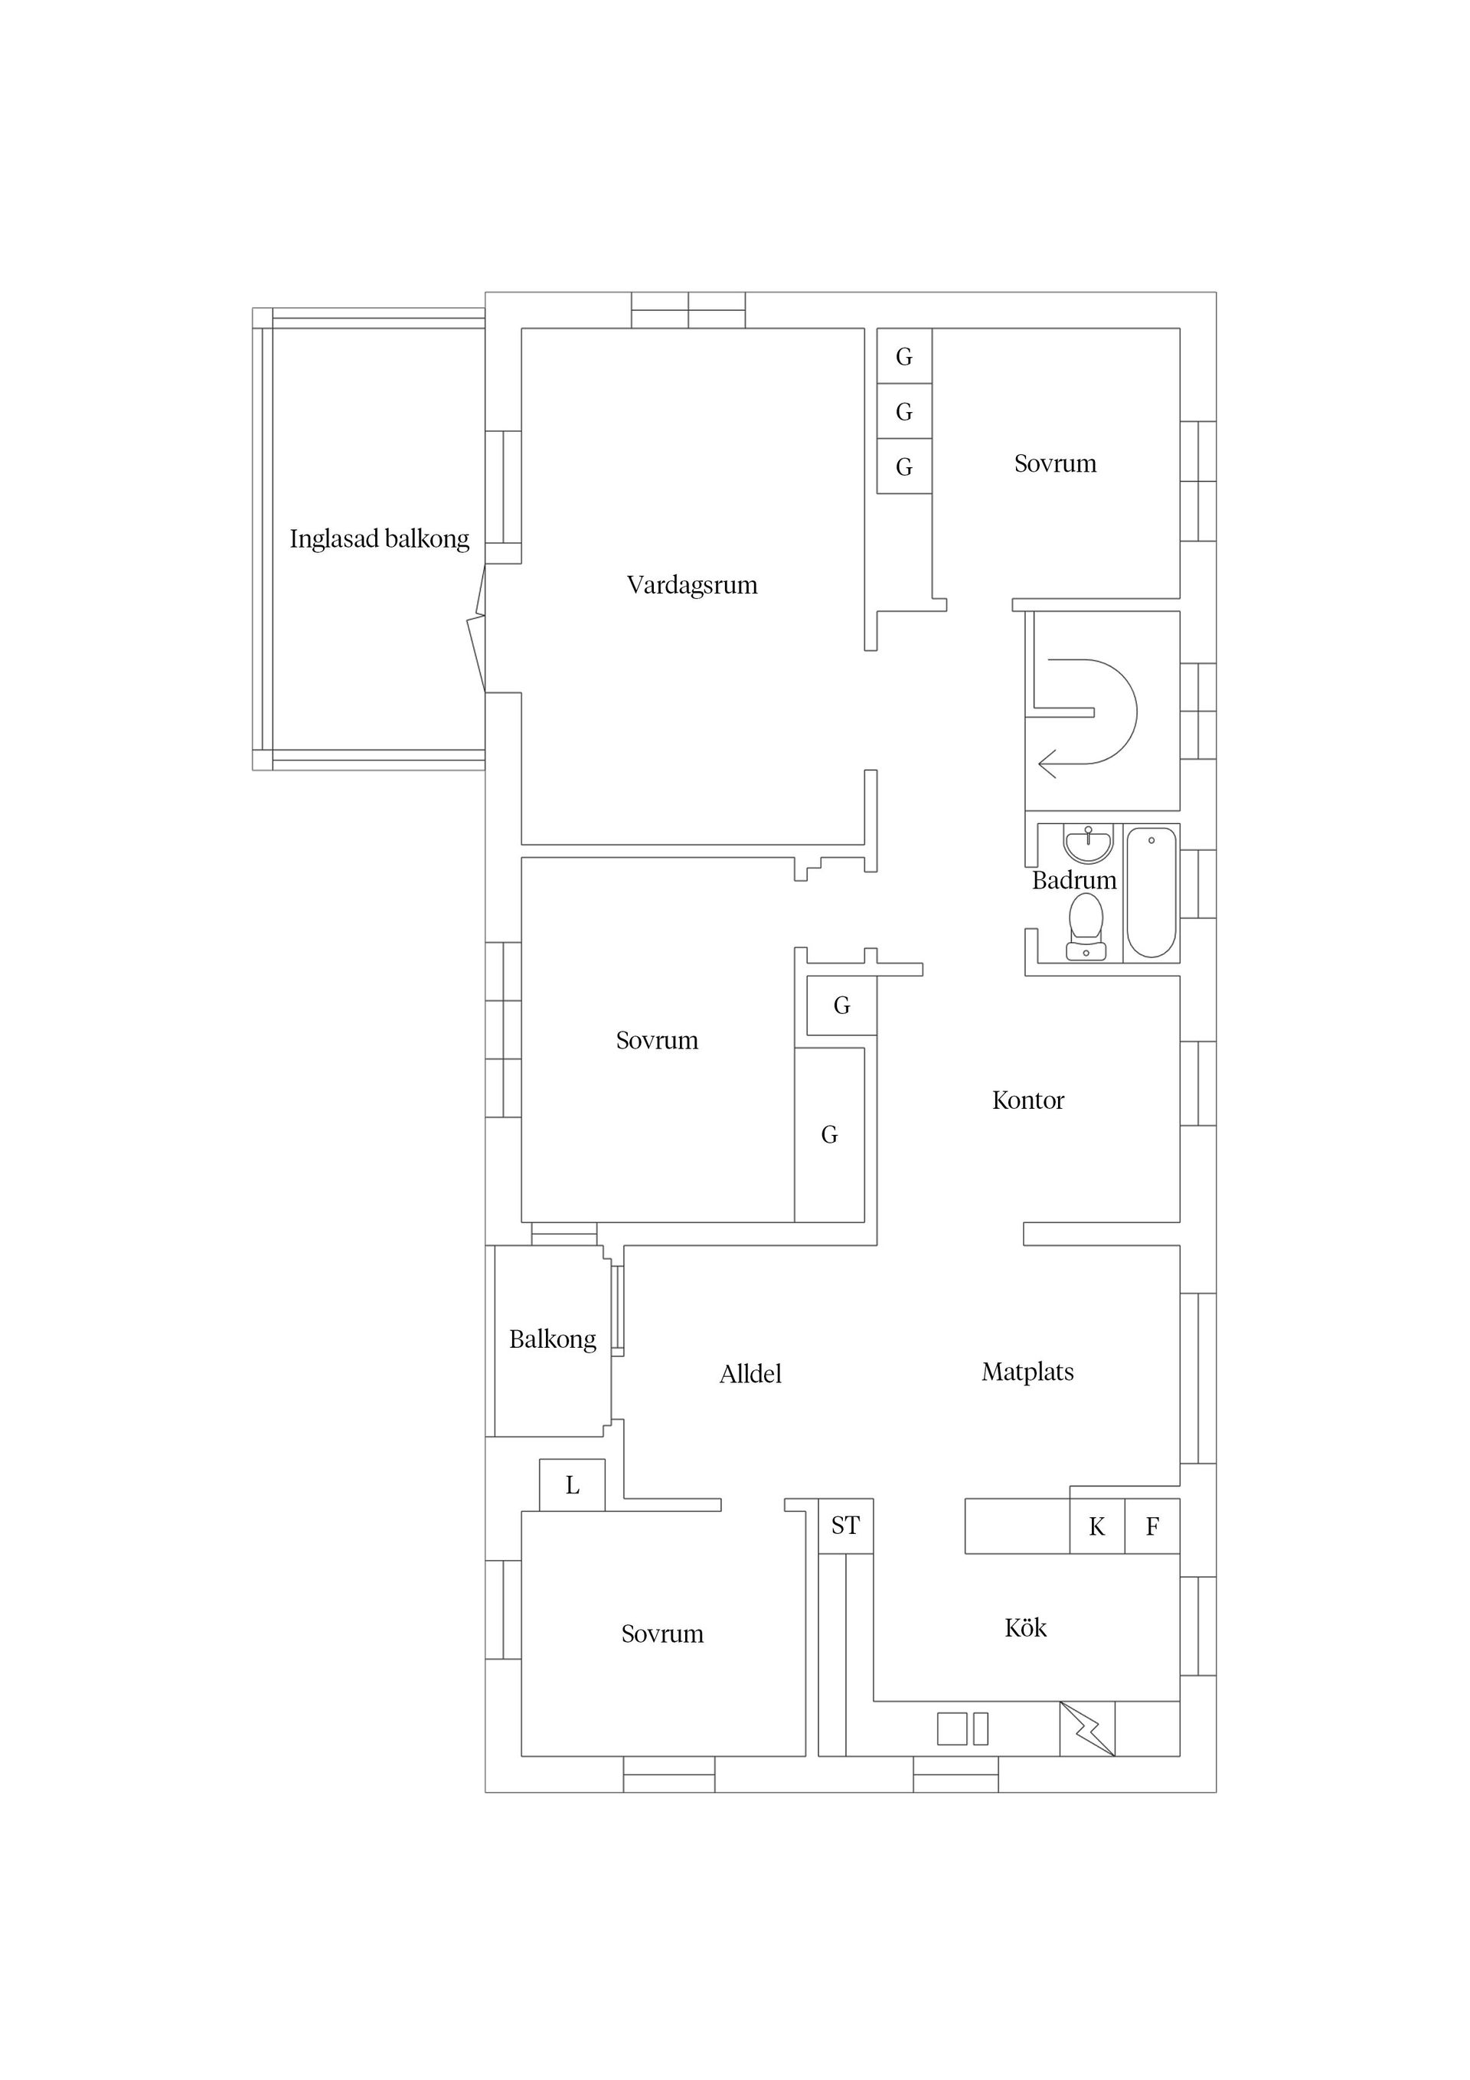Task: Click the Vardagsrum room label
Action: click(x=692, y=585)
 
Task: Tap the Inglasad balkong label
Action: click(x=380, y=539)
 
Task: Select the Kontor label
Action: click(x=1028, y=1100)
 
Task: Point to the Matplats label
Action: click(x=1028, y=1372)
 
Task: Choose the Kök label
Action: click(x=1025, y=1628)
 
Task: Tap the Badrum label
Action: click(x=1074, y=880)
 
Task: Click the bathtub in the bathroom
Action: click(x=1151, y=892)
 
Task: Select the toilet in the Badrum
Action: click(x=1085, y=926)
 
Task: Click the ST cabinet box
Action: click(x=846, y=1526)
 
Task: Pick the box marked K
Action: click(x=1097, y=1526)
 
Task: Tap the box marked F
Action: click(x=1152, y=1526)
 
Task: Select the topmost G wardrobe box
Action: click(x=904, y=356)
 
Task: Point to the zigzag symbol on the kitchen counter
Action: click(x=1087, y=1729)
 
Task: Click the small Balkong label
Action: click(x=553, y=1340)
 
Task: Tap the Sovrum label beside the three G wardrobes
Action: click(x=1055, y=464)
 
